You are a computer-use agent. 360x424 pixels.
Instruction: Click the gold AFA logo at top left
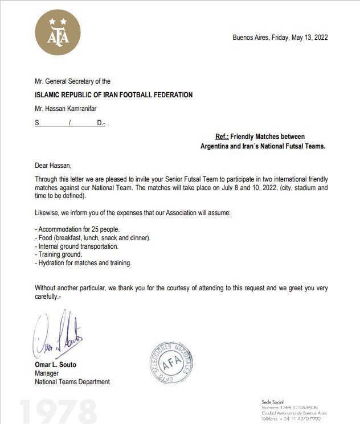pos(58,32)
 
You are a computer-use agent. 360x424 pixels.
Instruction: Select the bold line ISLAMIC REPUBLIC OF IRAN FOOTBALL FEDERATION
pos(113,95)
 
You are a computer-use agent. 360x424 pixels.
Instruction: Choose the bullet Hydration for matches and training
pos(83,263)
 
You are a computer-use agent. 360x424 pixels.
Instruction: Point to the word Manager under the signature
pos(47,373)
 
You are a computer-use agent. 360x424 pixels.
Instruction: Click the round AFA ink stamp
pos(171,363)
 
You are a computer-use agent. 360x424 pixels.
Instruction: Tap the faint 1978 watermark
pos(57,411)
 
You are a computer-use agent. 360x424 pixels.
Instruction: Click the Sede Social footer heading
pos(272,402)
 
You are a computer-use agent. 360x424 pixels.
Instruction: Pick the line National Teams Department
pos(72,382)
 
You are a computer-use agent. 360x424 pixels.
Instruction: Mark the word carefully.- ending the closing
pos(47,297)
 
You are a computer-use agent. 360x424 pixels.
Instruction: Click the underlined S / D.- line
pos(70,122)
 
